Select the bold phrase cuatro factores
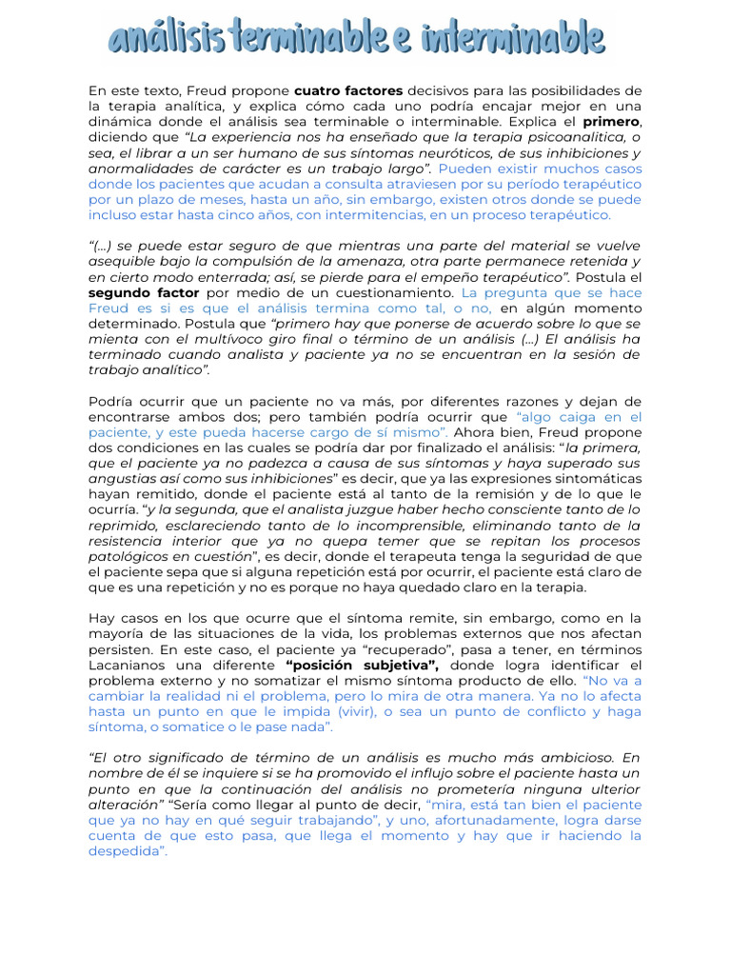coord(348,91)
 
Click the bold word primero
coord(611,123)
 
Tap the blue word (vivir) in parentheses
coord(351,712)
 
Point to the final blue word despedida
coord(127,852)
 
